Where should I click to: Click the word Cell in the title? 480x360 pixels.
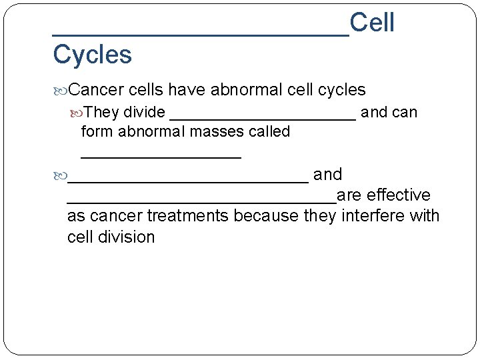click(372, 23)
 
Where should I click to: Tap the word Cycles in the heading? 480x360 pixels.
click(92, 55)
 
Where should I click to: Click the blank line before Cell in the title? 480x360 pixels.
click(201, 33)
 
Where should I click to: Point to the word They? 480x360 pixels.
click(102, 112)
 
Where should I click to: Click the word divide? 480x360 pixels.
click(145, 112)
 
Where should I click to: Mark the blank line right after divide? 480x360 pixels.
click(263, 117)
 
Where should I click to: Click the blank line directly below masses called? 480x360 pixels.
click(161, 157)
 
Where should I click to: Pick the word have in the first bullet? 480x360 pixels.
click(188, 89)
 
